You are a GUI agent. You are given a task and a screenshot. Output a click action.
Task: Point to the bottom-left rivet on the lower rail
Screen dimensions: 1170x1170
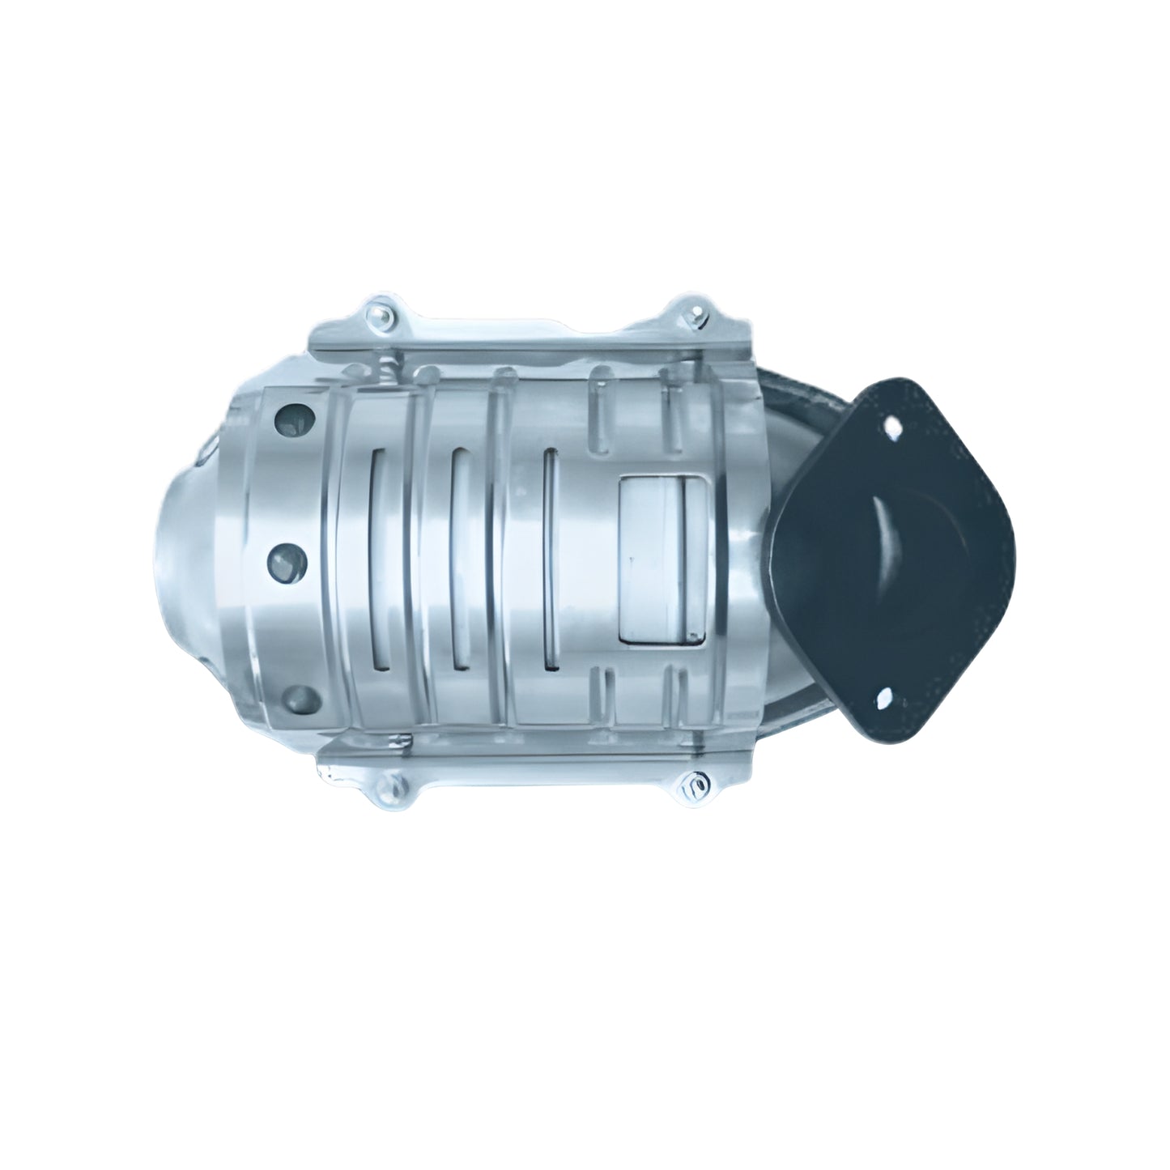[396, 785]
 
